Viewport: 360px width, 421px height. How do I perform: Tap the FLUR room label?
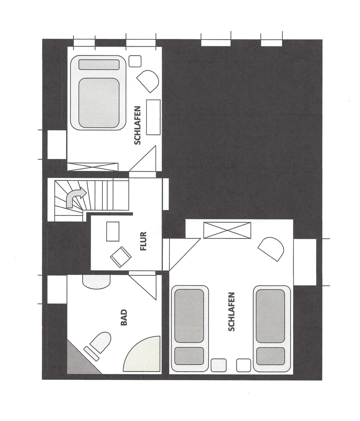[x=143, y=241]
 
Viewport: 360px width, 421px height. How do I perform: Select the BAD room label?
[x=124, y=317]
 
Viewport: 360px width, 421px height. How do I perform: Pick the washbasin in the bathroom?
[x=96, y=282]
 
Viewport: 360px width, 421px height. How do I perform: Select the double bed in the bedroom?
[x=98, y=93]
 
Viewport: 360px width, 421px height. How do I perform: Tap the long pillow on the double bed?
[x=99, y=64]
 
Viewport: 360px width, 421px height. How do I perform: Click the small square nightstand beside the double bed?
[x=135, y=61]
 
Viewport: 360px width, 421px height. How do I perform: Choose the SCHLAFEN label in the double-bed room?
[x=138, y=125]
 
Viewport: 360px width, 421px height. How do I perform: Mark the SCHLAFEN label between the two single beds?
[x=231, y=312]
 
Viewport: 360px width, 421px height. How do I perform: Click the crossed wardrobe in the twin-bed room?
[x=227, y=230]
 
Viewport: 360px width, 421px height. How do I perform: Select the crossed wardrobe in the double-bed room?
[x=93, y=167]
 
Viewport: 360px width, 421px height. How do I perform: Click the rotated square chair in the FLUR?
[x=121, y=257]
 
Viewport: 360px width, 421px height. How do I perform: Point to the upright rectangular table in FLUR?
[x=112, y=231]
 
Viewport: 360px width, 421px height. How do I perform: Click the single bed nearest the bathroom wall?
[x=190, y=328]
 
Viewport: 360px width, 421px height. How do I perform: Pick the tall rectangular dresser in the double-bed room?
[x=153, y=117]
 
